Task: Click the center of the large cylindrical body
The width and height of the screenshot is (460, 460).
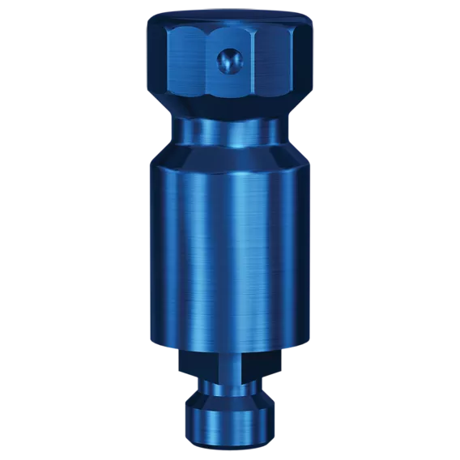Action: pos(230,243)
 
